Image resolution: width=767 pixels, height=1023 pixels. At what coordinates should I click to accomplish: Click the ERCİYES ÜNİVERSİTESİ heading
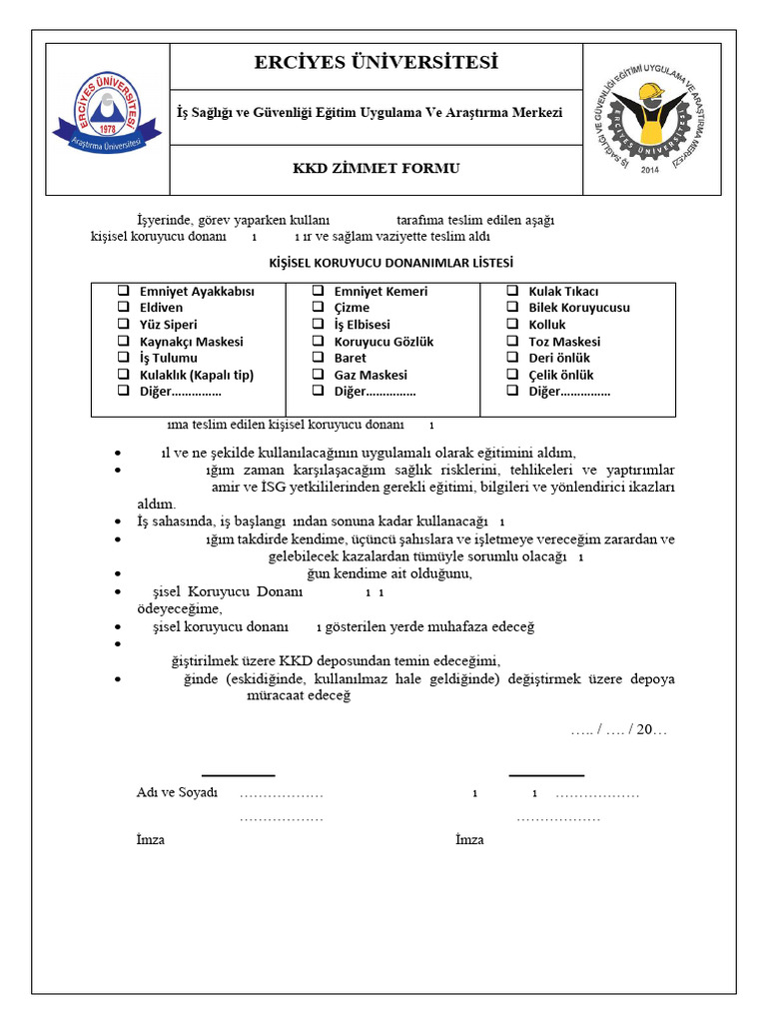[x=376, y=64]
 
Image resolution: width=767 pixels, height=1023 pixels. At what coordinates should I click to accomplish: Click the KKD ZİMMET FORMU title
[x=376, y=168]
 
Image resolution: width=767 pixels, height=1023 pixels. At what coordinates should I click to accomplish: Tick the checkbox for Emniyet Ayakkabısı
[x=125, y=291]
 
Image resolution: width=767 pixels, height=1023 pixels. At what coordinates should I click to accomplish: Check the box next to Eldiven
[x=125, y=308]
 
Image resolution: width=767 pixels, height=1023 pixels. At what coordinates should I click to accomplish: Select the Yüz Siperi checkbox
[x=125, y=325]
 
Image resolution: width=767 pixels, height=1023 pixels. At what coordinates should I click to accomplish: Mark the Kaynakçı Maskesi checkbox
[x=125, y=342]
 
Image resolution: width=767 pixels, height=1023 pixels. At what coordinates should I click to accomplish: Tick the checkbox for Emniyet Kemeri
[x=317, y=291]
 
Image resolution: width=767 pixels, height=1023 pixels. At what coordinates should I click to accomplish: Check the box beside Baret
[x=317, y=358]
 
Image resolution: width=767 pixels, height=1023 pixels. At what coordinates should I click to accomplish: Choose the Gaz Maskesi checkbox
[x=317, y=375]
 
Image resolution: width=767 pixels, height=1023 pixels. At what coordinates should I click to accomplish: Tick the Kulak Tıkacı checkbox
[x=511, y=291]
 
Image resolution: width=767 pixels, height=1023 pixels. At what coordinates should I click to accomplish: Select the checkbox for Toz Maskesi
[x=511, y=342]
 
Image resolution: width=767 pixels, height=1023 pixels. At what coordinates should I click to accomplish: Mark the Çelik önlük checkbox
[x=511, y=375]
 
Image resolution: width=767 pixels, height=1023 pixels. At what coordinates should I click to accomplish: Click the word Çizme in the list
[x=352, y=308]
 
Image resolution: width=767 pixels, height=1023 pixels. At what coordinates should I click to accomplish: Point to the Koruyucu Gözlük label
[x=370, y=342]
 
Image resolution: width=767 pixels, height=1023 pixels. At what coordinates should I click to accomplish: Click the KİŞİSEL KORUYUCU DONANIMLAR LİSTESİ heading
[x=390, y=263]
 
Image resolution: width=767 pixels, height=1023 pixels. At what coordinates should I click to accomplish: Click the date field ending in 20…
[x=618, y=730]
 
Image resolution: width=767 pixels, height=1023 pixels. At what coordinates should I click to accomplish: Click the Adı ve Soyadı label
[x=177, y=793]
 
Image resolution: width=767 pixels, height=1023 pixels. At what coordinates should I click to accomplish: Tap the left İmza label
[x=151, y=840]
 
